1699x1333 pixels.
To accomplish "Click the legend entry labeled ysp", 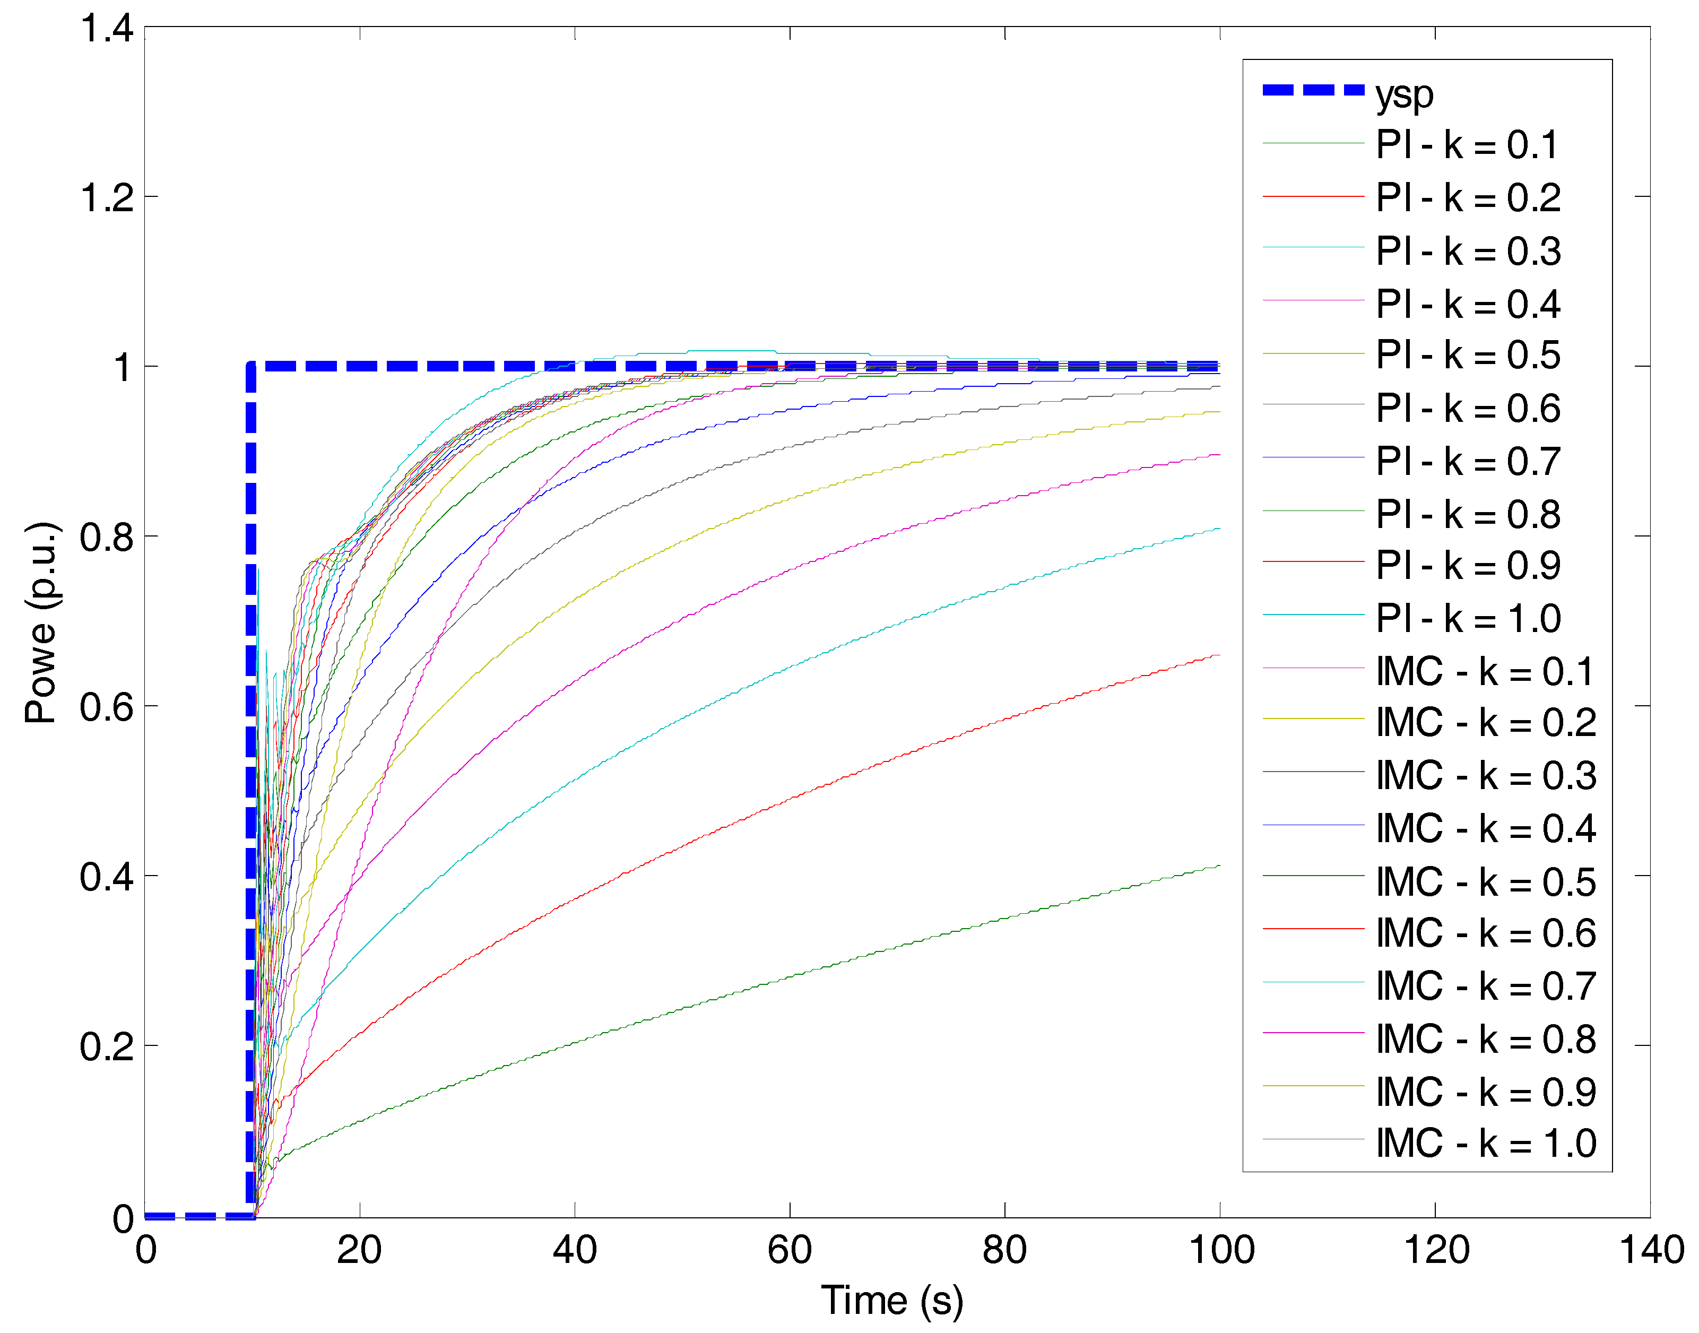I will pos(1404,94).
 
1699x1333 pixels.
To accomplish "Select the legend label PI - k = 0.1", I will pos(1467,145).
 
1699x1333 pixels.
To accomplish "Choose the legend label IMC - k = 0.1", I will pos(1485,672).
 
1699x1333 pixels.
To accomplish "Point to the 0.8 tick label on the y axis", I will pos(107,538).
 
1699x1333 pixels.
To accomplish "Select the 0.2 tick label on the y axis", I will pos(107,1046).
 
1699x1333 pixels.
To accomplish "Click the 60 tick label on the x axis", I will pos(790,1250).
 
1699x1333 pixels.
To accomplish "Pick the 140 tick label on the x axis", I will pos(1651,1250).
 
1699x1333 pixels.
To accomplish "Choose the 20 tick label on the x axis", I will pos(359,1250).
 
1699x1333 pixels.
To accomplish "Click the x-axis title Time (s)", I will pos(892,1301).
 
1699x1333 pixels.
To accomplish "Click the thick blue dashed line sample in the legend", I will pos(1313,91).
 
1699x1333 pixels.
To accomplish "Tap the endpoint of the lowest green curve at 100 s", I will pos(1219,865).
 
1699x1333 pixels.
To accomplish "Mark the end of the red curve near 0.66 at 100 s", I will pos(1219,655).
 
